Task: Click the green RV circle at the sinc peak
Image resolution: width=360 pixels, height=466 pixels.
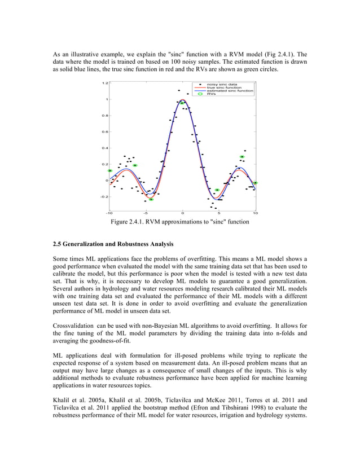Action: [x=182, y=103]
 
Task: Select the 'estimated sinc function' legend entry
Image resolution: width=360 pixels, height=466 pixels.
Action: [x=229, y=91]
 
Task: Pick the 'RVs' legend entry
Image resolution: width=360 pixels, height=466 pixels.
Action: [x=210, y=94]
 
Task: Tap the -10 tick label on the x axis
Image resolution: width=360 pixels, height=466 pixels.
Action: [x=108, y=214]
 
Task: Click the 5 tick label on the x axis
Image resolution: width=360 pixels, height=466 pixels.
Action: [x=219, y=214]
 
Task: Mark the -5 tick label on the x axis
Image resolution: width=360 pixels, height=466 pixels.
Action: [x=145, y=214]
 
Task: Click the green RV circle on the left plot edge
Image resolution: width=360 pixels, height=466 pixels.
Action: [x=110, y=170]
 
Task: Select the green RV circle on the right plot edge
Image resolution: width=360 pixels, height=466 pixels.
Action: [x=255, y=183]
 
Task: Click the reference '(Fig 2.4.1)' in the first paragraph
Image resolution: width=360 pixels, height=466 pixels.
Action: [x=280, y=54]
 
